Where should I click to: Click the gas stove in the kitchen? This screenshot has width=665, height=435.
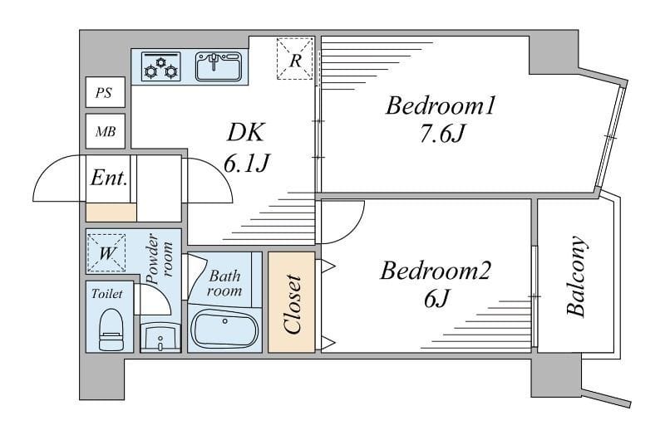tap(160, 66)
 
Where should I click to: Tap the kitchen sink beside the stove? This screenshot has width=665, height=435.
tap(219, 66)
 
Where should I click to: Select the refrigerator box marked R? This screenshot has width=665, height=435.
tap(295, 58)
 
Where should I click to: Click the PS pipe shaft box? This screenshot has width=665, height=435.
tap(106, 92)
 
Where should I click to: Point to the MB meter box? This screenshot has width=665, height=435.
tap(106, 131)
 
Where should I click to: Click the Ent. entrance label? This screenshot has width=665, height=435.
tap(109, 178)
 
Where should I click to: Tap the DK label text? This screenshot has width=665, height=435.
tap(246, 132)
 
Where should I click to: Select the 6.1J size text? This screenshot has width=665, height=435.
tap(246, 163)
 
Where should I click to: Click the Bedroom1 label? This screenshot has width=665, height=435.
tap(441, 105)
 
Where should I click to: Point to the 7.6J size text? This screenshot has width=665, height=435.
tap(442, 134)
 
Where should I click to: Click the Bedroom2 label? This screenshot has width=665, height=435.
tap(435, 271)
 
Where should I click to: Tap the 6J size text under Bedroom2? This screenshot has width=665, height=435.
tap(436, 299)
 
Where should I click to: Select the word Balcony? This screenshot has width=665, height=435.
tap(576, 276)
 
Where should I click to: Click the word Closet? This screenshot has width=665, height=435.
tap(293, 304)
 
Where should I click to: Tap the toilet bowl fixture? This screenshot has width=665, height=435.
tap(111, 329)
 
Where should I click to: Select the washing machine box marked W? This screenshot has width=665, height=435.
tap(106, 253)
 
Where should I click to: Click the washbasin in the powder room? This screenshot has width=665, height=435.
tap(160, 338)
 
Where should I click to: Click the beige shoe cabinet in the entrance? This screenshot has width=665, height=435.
tap(111, 213)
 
